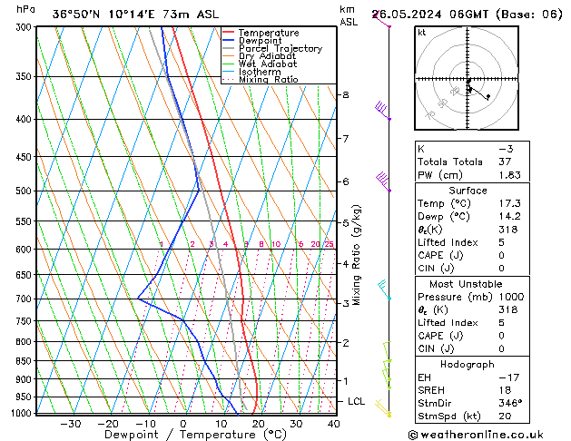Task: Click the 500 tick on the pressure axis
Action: click(x=22, y=191)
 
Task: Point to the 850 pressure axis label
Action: click(x=22, y=361)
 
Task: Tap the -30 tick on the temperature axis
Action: click(x=70, y=424)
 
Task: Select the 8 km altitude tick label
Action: click(x=345, y=94)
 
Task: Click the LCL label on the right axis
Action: click(x=357, y=401)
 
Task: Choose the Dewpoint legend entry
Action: click(x=261, y=41)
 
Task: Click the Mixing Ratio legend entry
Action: click(x=268, y=80)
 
